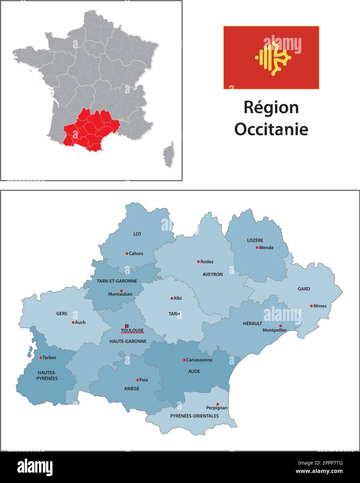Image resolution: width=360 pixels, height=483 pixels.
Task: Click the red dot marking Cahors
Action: coord(127,254)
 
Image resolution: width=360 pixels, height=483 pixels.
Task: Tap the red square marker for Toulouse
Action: coord(127,326)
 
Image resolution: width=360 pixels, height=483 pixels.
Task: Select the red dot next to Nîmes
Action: coord(311,306)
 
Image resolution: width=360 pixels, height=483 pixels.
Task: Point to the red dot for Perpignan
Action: coord(218,404)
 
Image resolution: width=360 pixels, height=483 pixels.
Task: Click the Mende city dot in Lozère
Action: coord(257,248)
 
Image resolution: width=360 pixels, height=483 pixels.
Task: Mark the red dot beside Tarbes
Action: coord(41,358)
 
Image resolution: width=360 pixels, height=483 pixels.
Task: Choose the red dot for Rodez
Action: coord(198,262)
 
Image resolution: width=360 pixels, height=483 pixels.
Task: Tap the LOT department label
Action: coord(137,234)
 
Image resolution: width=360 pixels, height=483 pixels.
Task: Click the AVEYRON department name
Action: coord(213,275)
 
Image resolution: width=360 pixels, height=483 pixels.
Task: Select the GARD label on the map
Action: coord(304,289)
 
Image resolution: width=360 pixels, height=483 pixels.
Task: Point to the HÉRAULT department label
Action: coord(253,324)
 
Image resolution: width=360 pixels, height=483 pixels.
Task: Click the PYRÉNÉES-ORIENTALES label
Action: coord(194,416)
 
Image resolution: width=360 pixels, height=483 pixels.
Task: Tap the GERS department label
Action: coord(62,313)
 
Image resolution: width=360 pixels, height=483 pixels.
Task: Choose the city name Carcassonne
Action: coord(199,360)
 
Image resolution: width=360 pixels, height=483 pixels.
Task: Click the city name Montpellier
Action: coord(275,330)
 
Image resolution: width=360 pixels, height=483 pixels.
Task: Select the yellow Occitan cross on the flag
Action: coord(273,58)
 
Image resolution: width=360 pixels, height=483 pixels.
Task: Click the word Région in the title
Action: coord(271,107)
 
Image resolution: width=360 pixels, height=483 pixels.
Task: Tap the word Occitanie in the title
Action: coord(271,129)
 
